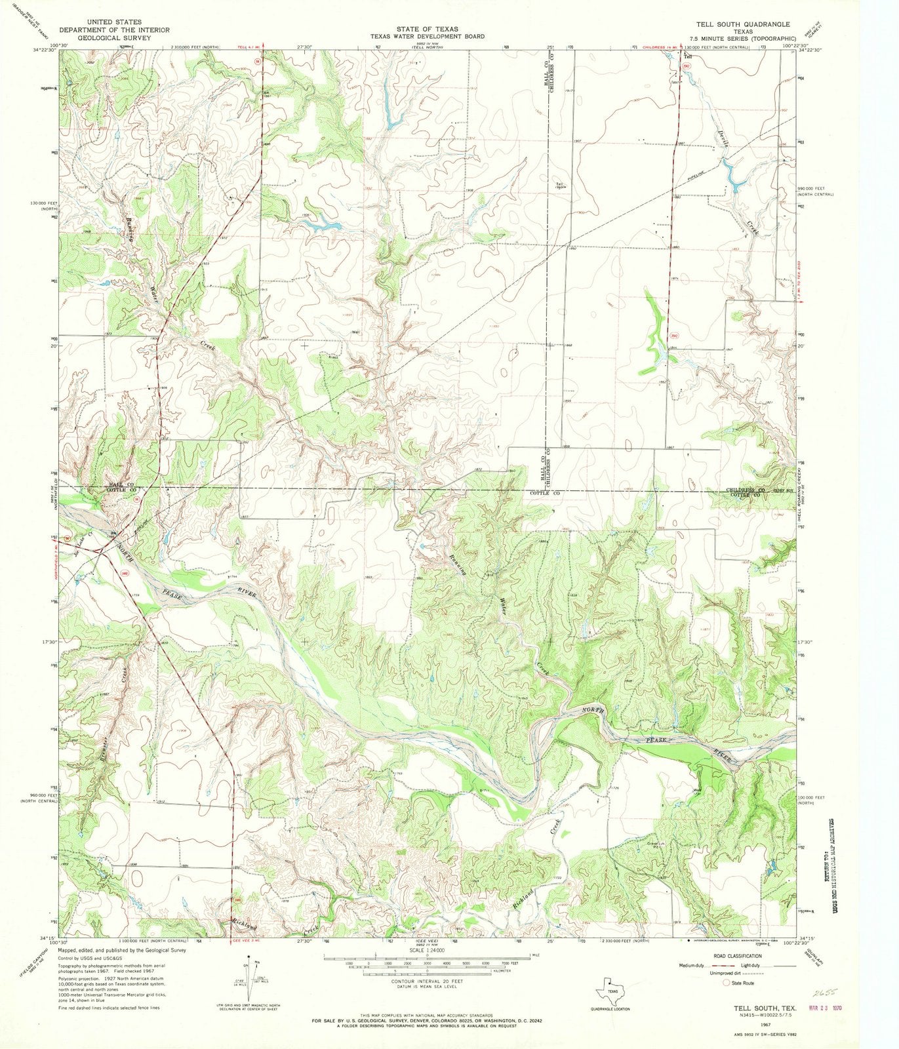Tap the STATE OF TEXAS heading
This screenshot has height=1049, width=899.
tap(427, 29)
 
